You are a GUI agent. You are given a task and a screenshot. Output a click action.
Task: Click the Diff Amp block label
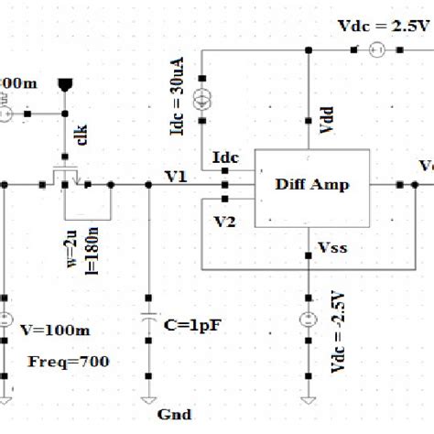click(x=312, y=184)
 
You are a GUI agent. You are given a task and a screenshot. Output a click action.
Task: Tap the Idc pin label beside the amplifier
click(x=224, y=158)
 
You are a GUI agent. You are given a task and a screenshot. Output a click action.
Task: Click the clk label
click(x=82, y=142)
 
